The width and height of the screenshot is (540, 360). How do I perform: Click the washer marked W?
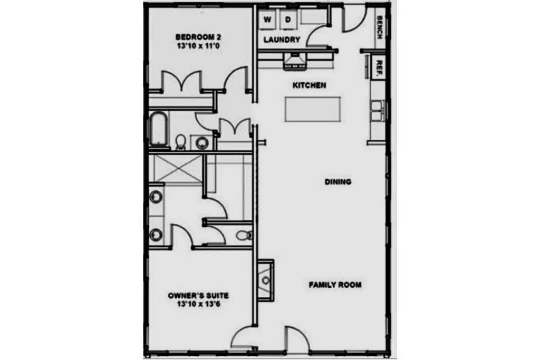267,20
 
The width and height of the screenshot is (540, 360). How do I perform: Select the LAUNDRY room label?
282,40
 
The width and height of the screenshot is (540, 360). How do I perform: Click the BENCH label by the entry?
380,27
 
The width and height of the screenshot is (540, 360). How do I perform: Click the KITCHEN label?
309,85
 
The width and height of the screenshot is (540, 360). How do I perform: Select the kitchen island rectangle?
313,110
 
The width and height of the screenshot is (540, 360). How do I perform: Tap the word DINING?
338,182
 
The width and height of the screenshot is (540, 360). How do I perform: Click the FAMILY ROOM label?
335,285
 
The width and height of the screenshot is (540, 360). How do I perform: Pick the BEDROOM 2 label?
198,37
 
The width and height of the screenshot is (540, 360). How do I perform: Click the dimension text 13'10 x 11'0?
198,46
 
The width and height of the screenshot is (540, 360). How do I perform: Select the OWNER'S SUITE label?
198,295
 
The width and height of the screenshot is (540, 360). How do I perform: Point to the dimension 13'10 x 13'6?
198,304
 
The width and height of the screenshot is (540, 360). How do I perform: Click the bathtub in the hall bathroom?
158,130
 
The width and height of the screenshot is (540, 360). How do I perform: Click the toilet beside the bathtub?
180,142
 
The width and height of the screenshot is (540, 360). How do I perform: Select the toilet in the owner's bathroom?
244,235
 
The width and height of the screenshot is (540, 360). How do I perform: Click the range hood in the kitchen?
295,62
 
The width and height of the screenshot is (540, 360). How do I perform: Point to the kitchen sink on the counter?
377,111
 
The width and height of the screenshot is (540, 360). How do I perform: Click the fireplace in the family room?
266,280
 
